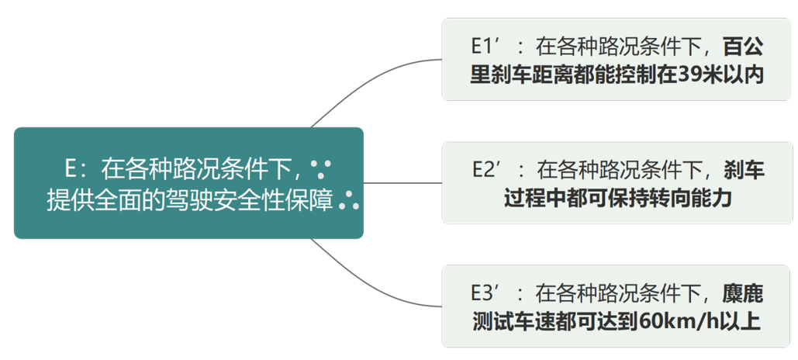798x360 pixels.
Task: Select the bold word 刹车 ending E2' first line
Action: [x=744, y=169]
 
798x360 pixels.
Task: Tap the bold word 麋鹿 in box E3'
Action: [x=743, y=292]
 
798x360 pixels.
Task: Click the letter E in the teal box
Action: [x=71, y=168]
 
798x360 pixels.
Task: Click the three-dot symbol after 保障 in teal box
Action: [x=349, y=200]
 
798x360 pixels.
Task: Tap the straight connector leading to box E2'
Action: [x=403, y=183]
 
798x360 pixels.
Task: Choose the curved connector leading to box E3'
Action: [x=372, y=290]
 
